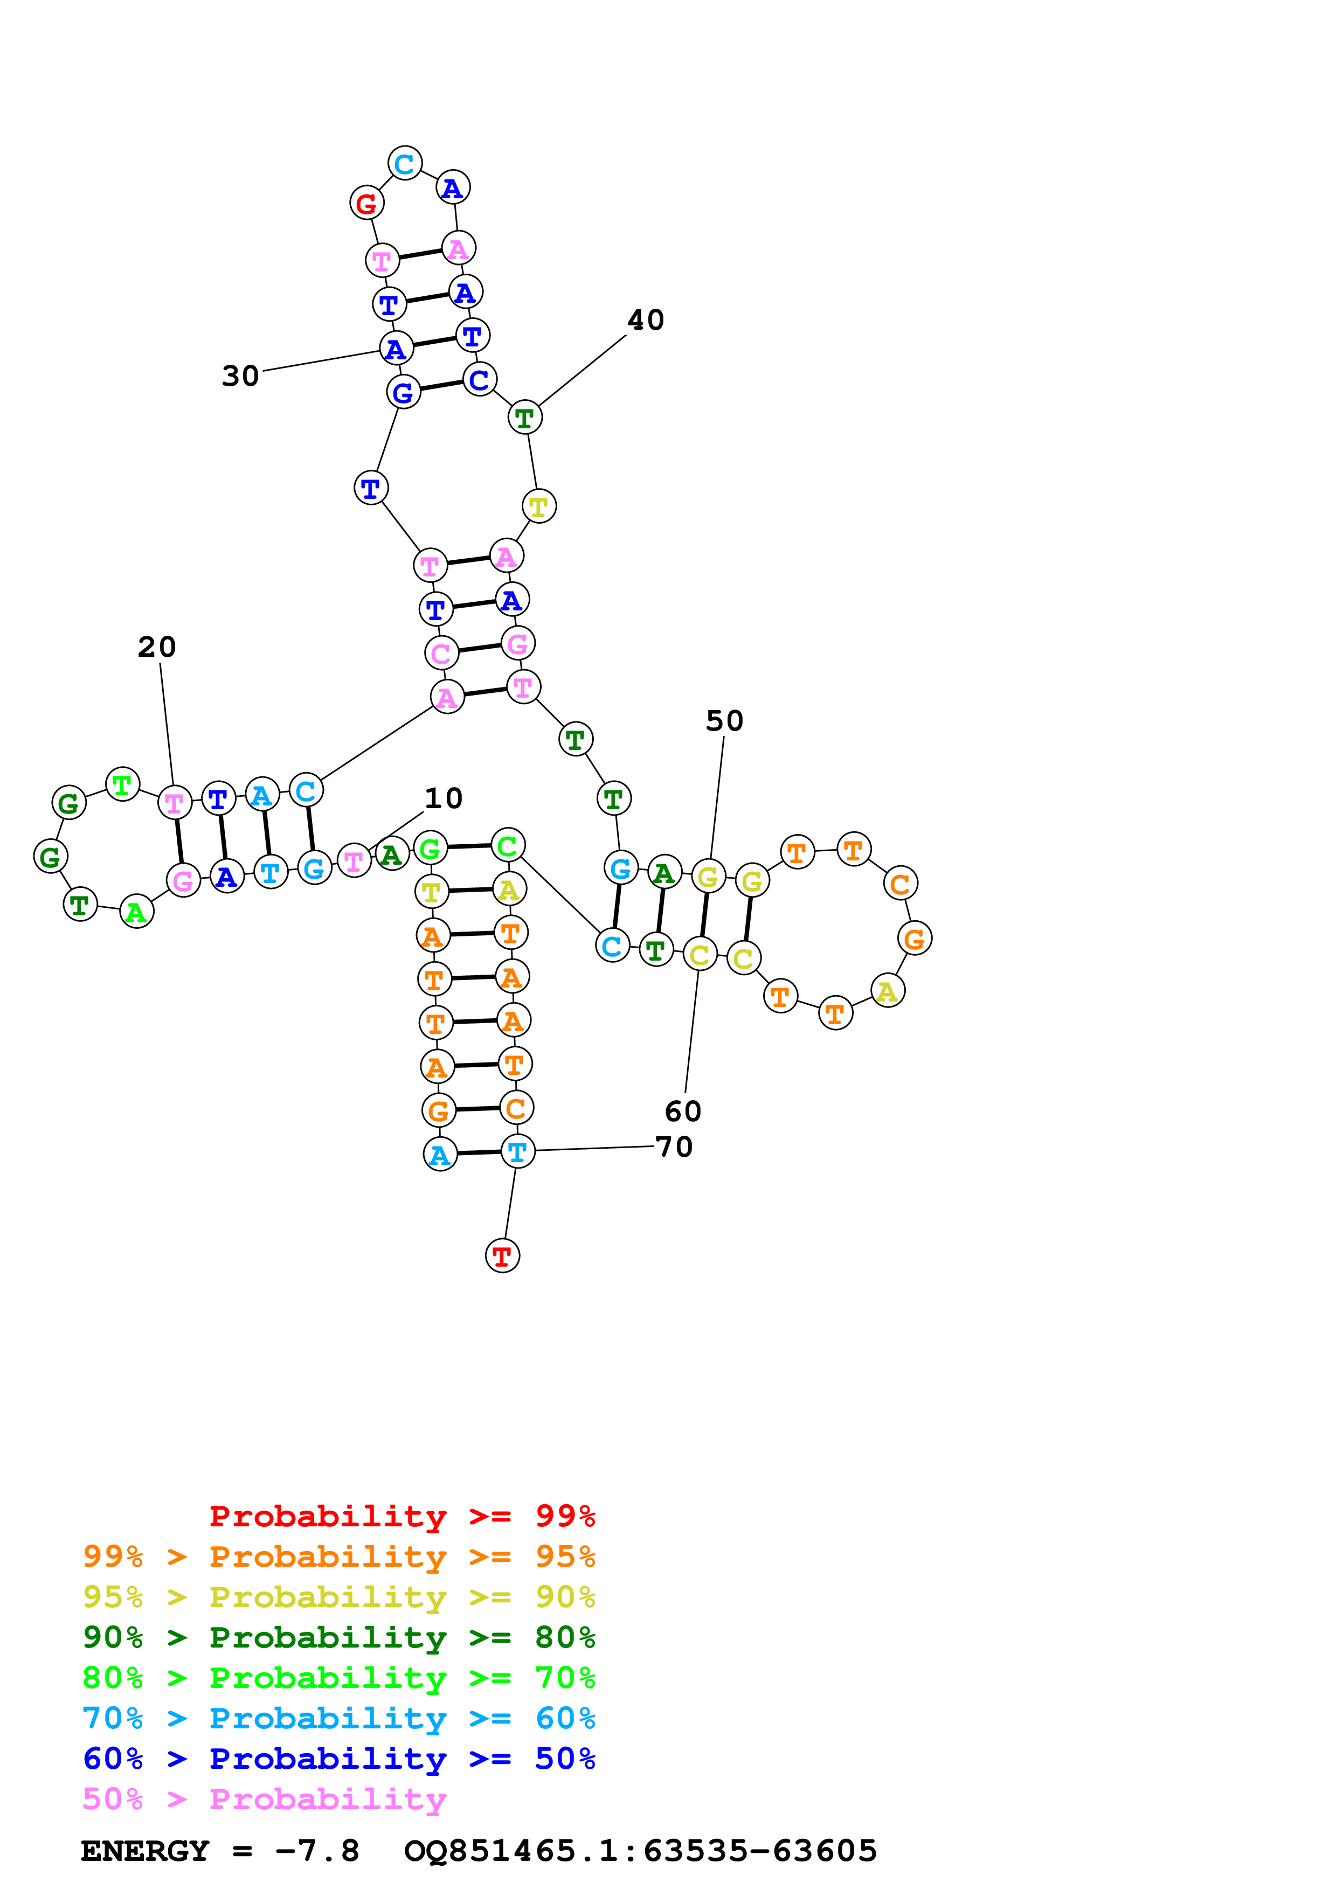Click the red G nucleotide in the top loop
(366, 203)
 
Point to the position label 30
(240, 376)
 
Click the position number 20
(156, 647)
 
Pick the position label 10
(443, 798)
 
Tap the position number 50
(724, 721)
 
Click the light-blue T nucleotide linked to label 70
(517, 1151)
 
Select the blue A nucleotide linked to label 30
(396, 349)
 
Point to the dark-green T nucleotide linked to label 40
(524, 418)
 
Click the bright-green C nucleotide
(508, 845)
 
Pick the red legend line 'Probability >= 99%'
(402, 1516)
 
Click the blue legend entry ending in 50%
(338, 1759)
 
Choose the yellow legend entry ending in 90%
(338, 1597)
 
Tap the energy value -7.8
(317, 1851)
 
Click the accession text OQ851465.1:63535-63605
(640, 1851)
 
